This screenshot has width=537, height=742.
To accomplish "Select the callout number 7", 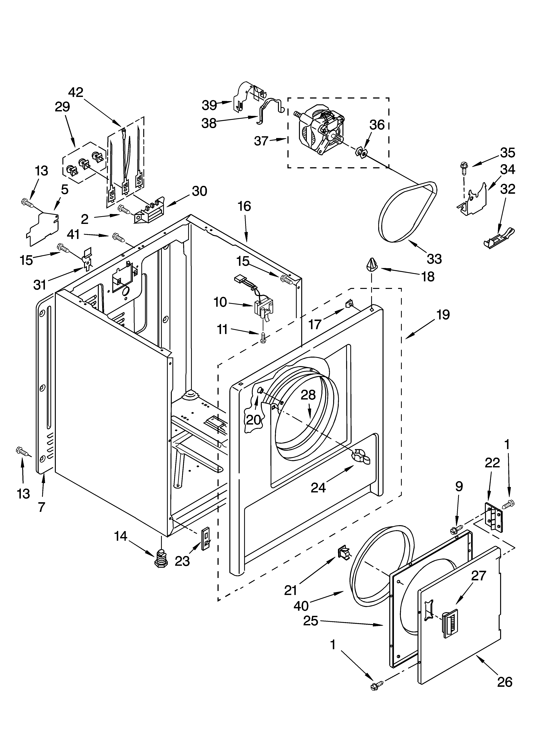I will [x=42, y=507].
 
